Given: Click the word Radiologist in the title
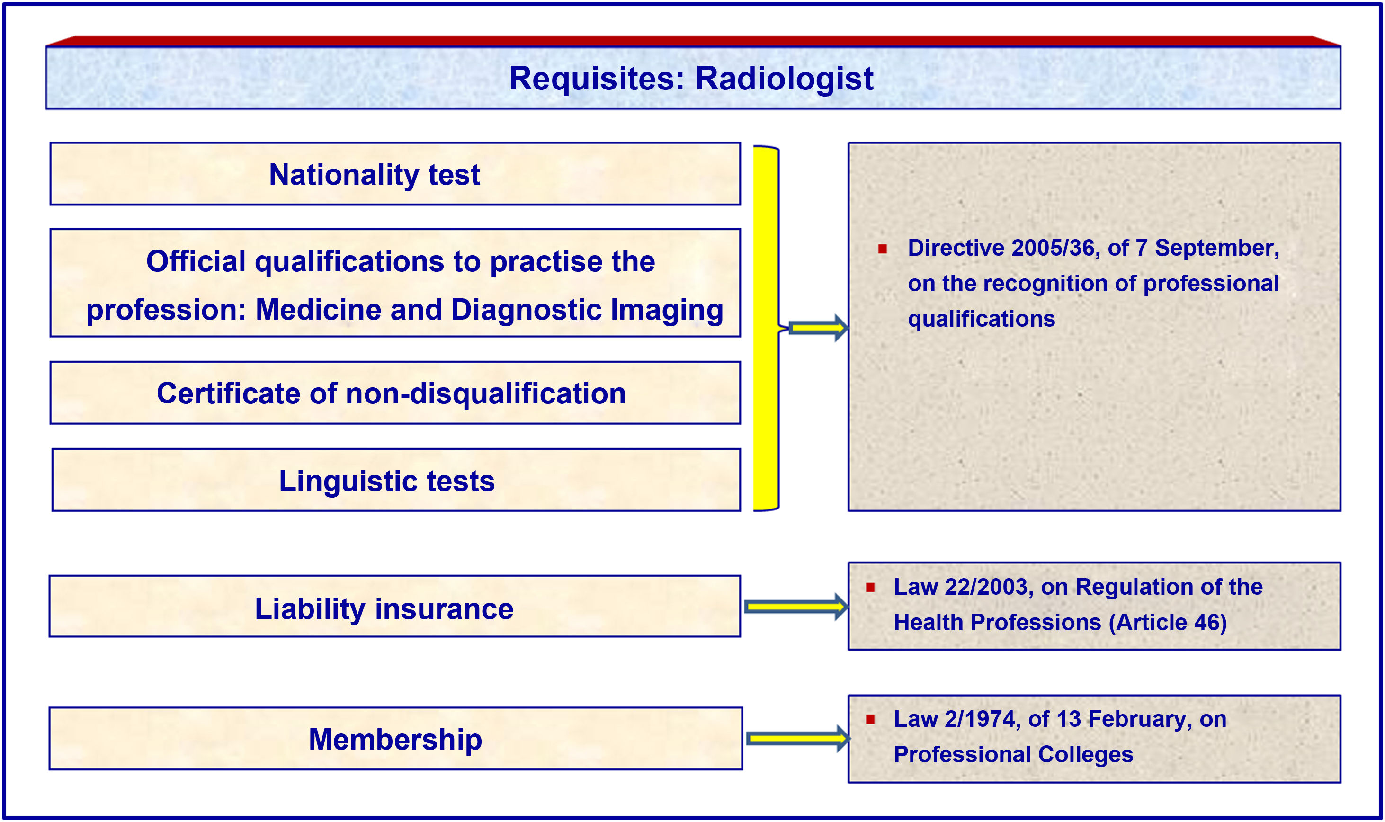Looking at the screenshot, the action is click(x=784, y=79).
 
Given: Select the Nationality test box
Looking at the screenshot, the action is click(x=395, y=174).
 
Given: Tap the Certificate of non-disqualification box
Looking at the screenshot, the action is click(x=395, y=393).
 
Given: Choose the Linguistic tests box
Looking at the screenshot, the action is click(x=396, y=480).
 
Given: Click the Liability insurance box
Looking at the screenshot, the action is click(x=395, y=606).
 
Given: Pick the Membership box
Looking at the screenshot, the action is click(x=396, y=738).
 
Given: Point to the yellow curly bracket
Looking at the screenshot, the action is click(x=768, y=328).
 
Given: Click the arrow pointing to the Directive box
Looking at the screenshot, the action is click(x=818, y=328).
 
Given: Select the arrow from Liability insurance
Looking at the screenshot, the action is click(x=796, y=607).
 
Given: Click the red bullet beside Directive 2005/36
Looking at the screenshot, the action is click(x=882, y=249).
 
